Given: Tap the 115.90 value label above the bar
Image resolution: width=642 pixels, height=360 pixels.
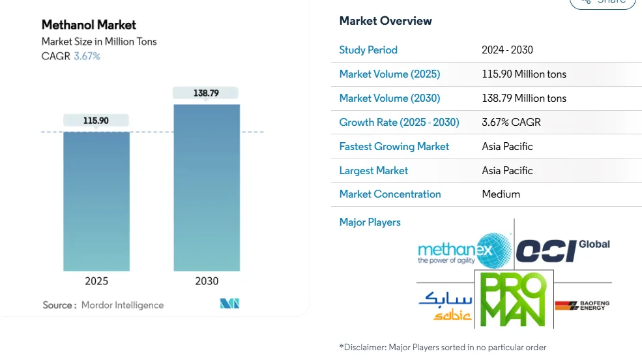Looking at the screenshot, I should pos(96,121).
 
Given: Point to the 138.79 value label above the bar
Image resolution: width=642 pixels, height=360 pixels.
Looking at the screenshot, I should pos(206,93).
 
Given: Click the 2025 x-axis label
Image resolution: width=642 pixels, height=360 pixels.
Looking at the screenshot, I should pos(96,281).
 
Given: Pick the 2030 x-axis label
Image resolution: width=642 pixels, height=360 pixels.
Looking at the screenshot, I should pos(207,281).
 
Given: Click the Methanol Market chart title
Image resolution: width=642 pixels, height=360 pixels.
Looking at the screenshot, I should pos(89,25).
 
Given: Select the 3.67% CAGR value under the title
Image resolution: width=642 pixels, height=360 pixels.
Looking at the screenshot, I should pos(87,56).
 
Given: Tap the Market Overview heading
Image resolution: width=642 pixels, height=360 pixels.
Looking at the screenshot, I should pos(385,21).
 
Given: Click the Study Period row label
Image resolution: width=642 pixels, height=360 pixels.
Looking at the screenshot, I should pos(368,50).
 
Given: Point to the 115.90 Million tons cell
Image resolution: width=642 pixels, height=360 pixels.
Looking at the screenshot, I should pos(524,74).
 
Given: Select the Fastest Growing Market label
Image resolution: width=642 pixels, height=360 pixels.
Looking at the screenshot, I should pos(394,147).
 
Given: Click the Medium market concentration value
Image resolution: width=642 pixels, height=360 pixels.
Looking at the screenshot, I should pos(501,194).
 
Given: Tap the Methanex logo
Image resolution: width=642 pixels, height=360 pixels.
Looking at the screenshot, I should pos(464,250).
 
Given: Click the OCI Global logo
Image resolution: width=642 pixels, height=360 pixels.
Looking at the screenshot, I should pos(562,250).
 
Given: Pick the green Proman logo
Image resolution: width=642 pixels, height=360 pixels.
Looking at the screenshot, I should pos(513,299).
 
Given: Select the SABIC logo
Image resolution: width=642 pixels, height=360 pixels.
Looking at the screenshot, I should pos(445,305).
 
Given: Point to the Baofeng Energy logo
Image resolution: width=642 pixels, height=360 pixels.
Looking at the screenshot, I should pos(582,305).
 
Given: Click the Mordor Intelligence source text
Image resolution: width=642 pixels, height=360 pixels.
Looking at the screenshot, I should pos(123,305).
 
